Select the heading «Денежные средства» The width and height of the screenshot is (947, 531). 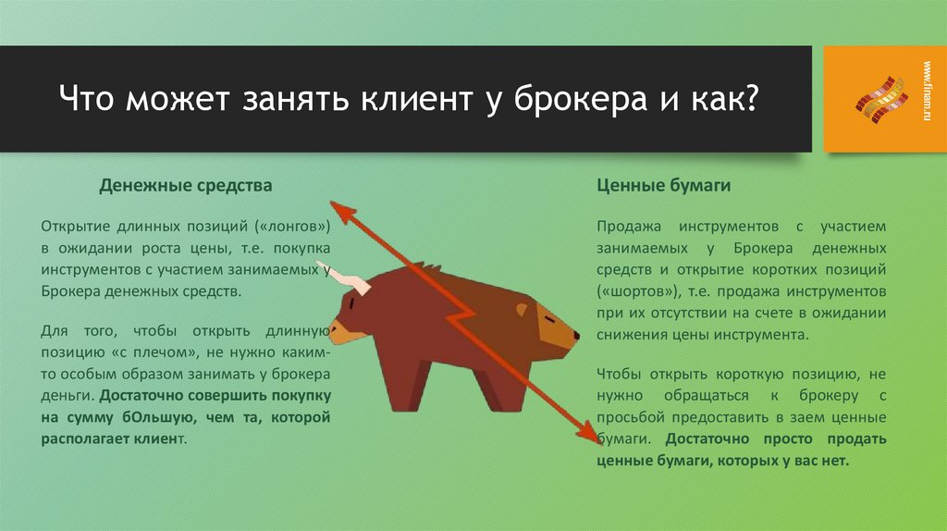[186, 186]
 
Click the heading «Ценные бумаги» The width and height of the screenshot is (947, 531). [664, 186]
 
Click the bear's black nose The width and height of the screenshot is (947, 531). [575, 335]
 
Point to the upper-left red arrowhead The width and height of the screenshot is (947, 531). [344, 213]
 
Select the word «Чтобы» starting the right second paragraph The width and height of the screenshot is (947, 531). [620, 374]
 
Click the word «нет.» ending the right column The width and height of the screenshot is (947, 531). [834, 460]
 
